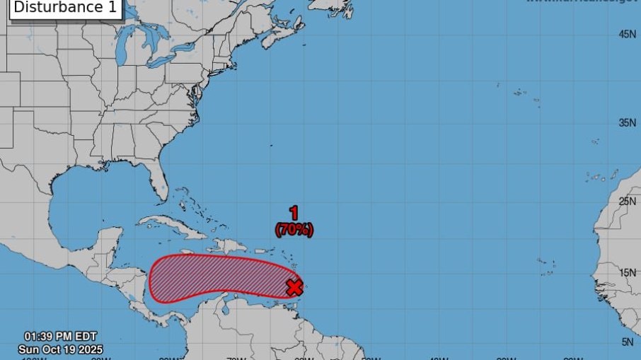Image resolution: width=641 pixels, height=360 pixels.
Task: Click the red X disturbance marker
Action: pyautogui.click(x=294, y=287)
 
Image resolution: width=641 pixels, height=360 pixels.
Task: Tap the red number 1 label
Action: pyautogui.click(x=294, y=213)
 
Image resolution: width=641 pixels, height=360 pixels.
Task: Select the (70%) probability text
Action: pyautogui.click(x=294, y=229)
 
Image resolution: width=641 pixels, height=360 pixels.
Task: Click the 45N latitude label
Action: pyautogui.click(x=627, y=34)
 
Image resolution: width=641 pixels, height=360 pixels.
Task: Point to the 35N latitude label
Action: pyautogui.click(x=627, y=122)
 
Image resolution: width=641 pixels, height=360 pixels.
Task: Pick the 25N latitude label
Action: pyautogui.click(x=627, y=201)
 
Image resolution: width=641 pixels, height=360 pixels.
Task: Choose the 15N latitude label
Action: pyautogui.click(x=627, y=273)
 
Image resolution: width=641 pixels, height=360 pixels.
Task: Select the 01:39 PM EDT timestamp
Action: pyautogui.click(x=61, y=337)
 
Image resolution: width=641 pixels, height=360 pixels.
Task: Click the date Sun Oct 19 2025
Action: pyautogui.click(x=61, y=349)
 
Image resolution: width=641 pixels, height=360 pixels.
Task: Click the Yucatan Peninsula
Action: pyautogui.click(x=109, y=245)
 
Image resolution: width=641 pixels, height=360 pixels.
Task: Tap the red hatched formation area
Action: pyautogui.click(x=212, y=277)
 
